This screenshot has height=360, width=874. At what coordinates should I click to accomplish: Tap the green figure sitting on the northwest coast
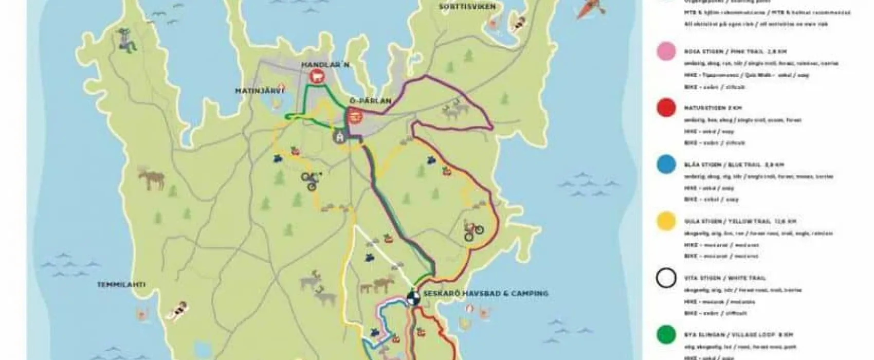tap(126, 41)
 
